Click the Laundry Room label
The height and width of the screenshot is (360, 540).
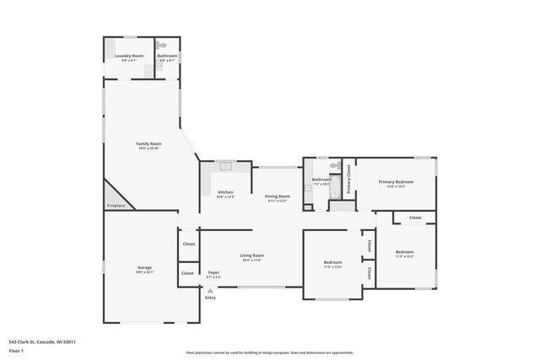(129, 56)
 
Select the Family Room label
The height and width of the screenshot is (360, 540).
(148, 143)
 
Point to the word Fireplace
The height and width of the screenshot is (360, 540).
(116, 206)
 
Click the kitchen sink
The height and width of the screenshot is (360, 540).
(225, 166)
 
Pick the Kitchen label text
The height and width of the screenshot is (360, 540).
(225, 192)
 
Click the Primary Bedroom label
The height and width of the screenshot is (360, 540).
(396, 181)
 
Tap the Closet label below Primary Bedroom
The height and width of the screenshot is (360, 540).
(415, 218)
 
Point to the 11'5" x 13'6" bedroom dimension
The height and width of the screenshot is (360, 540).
(332, 266)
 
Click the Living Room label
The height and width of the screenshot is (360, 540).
(251, 255)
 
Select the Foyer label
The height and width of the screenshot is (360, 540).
(213, 272)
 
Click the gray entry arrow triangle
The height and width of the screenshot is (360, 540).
(210, 289)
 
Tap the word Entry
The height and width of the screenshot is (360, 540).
(210, 297)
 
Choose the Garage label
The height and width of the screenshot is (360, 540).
(145, 267)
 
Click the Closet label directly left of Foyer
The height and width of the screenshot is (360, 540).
(187, 273)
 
